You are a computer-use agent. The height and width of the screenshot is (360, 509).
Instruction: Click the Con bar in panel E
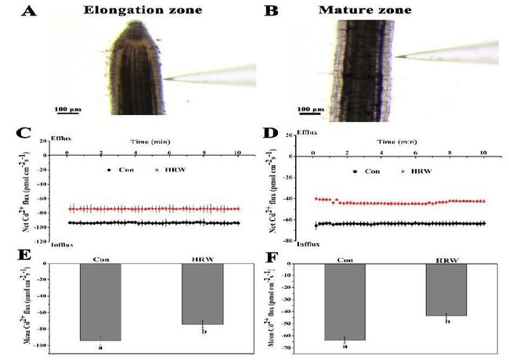coord(100,301)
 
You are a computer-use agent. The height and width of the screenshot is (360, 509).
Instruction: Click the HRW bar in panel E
coord(203,293)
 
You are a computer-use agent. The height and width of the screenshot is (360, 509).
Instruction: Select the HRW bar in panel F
coord(446,290)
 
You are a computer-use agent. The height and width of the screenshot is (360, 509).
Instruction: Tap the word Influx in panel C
coord(62,245)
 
